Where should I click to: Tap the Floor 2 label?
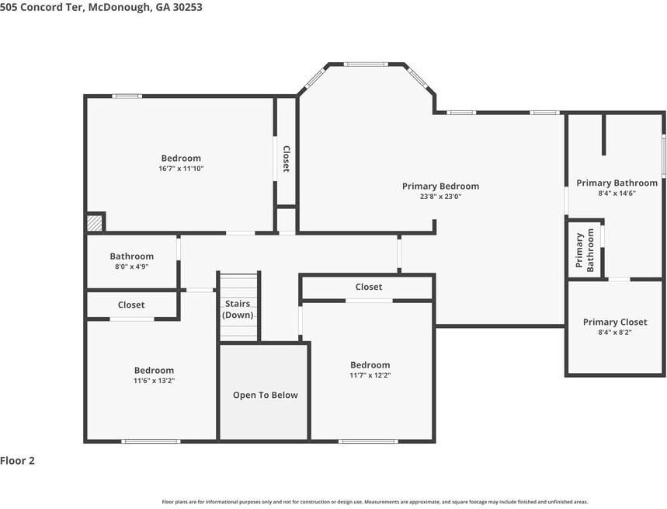(17, 461)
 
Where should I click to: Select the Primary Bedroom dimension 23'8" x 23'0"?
(440, 196)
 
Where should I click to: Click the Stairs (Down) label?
(238, 309)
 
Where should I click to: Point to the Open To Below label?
(265, 395)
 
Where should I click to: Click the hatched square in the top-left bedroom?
(95, 224)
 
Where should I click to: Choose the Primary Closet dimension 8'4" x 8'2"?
(615, 332)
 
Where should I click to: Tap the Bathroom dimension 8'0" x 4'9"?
(131, 267)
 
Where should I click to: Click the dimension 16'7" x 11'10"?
(181, 168)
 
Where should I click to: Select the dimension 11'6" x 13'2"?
(154, 381)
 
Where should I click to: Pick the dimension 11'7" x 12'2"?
(370, 375)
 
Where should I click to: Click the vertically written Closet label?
(287, 159)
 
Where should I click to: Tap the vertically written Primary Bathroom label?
(585, 250)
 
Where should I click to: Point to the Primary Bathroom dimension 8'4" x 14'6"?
(617, 193)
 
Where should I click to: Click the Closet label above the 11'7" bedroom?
(369, 287)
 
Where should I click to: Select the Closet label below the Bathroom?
(131, 305)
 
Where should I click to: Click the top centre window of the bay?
(366, 64)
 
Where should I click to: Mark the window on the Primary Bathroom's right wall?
(663, 155)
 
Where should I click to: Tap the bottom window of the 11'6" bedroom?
(151, 441)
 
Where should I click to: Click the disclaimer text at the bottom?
(375, 502)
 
